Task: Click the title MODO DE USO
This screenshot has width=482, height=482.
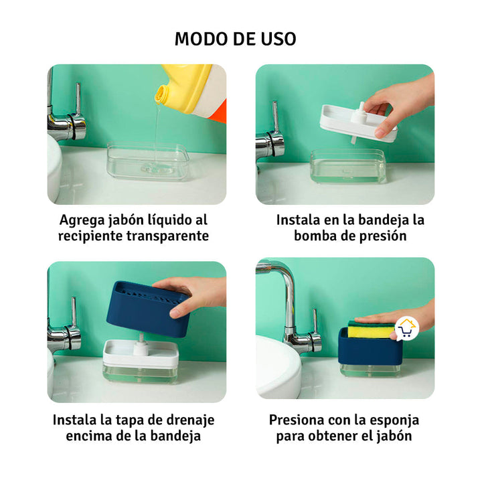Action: tap(236, 38)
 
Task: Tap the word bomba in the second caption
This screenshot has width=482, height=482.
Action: tap(318, 236)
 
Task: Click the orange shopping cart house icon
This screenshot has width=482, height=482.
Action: tap(406, 328)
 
